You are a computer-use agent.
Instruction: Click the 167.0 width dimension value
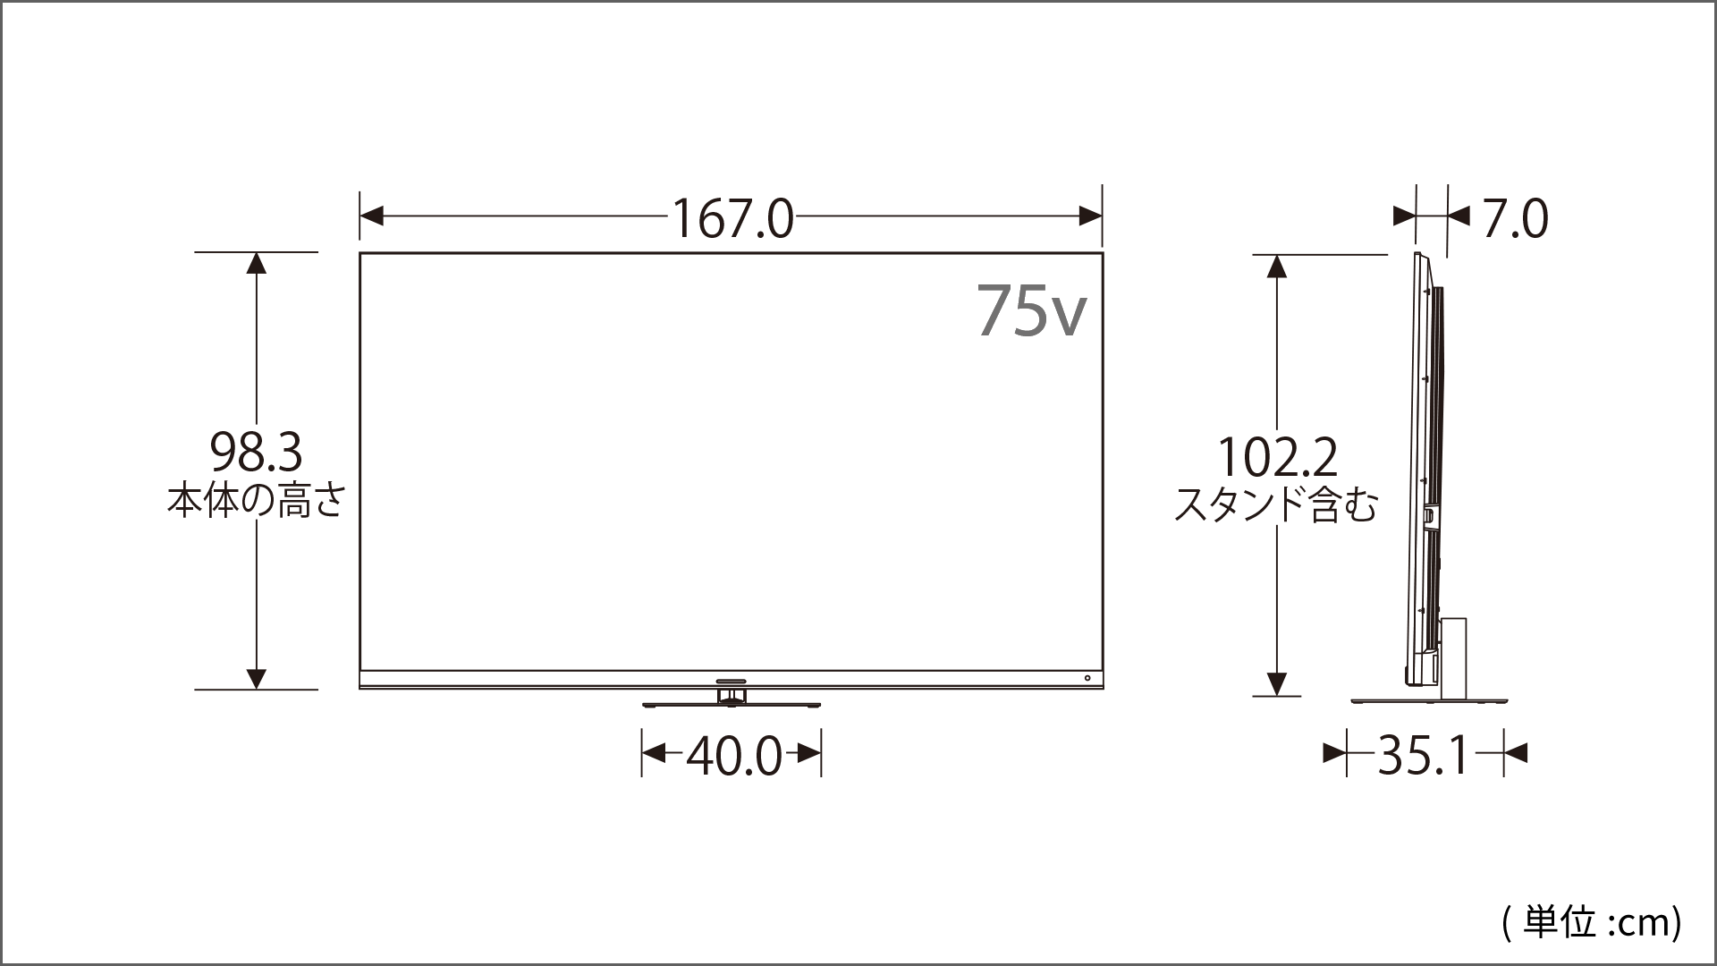[732, 218]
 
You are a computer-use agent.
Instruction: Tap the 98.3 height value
[257, 453]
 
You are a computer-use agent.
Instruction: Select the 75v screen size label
[1032, 310]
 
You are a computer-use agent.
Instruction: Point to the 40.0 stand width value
[734, 757]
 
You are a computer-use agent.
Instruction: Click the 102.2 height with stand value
[1278, 457]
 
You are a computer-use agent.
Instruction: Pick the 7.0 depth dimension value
[1515, 219]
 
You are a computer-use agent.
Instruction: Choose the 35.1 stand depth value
[1424, 756]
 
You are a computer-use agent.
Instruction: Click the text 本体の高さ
[257, 501]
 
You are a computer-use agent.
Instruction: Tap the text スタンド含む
[1276, 505]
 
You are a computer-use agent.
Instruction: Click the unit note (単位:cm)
[1592, 922]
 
